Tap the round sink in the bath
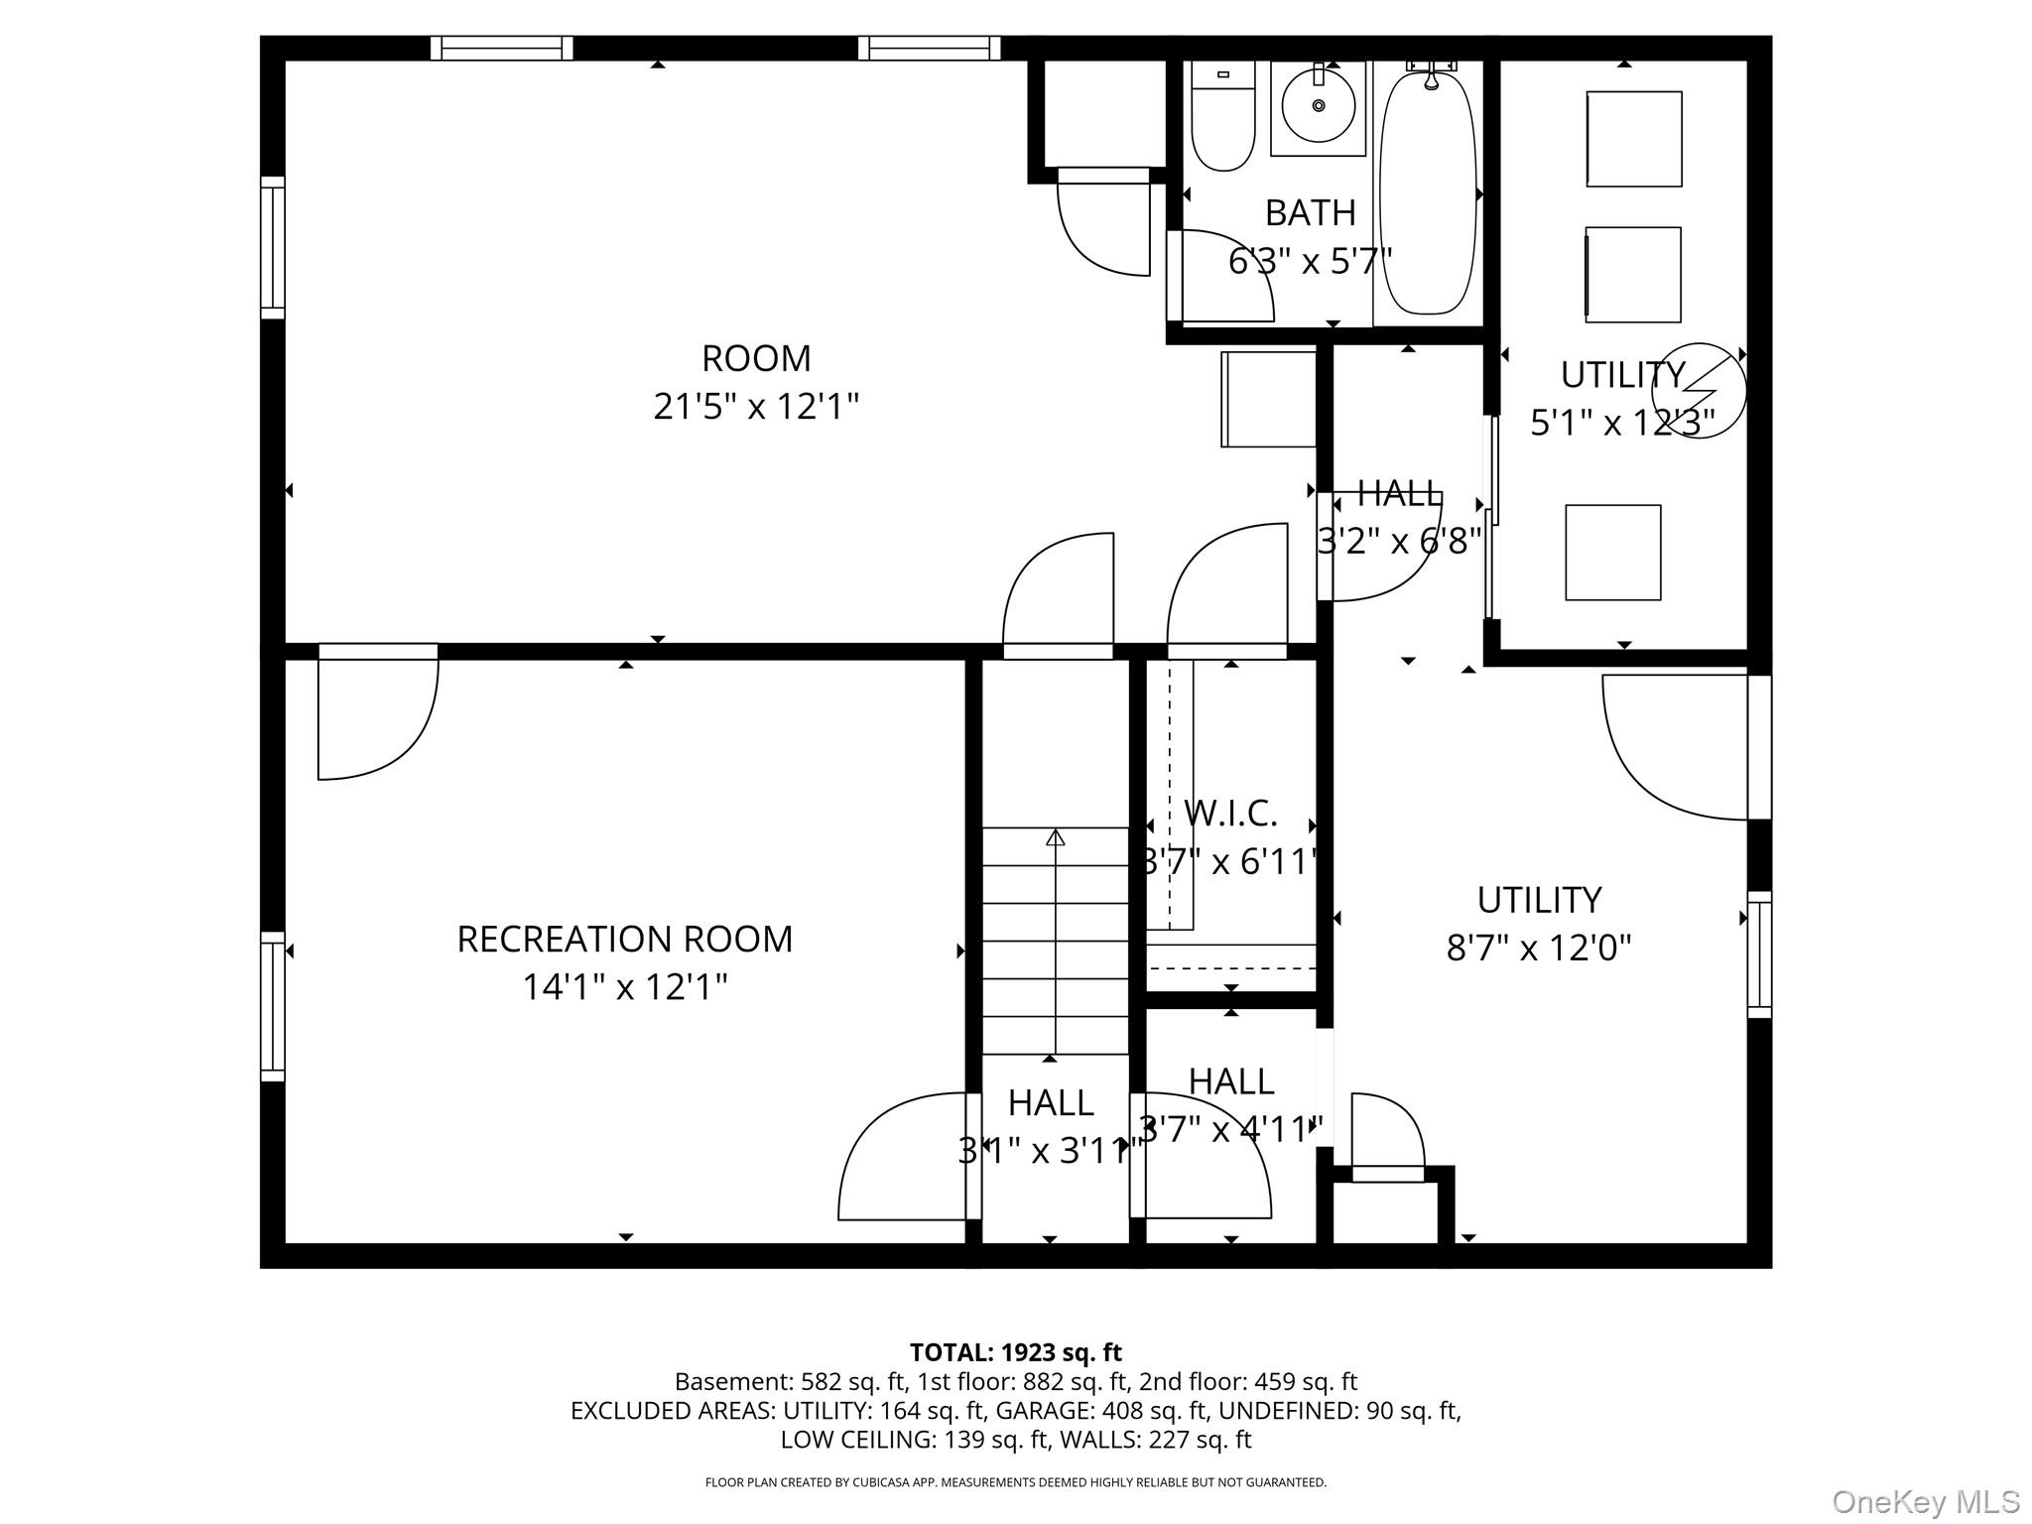point(1319,104)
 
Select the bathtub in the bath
point(1428,193)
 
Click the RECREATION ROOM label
point(624,939)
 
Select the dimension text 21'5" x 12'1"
point(756,407)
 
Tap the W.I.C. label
point(1230,814)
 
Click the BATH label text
point(1310,212)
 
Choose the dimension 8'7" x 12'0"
point(1539,949)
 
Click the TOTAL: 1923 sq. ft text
point(1015,1352)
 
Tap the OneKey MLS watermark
point(1926,1500)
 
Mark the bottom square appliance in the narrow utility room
point(1612,553)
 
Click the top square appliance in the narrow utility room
point(1633,139)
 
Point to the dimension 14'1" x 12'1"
point(624,987)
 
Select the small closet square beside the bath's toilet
point(1104,112)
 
